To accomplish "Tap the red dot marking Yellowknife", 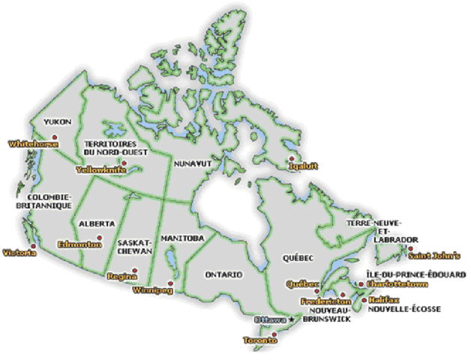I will [x=124, y=163].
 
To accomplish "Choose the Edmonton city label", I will [x=79, y=244].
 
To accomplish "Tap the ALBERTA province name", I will [x=96, y=223].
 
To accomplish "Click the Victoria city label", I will [x=19, y=253].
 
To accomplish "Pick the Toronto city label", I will [x=261, y=341].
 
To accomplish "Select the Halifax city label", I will [x=383, y=299].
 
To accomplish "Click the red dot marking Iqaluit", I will [x=291, y=158].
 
